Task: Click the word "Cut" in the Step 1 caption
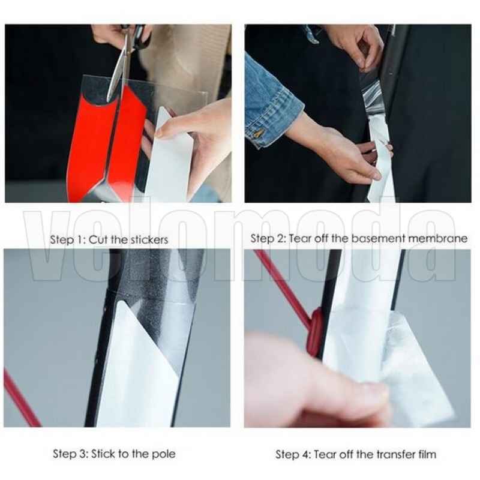pos(98,239)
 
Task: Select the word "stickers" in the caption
pos(148,239)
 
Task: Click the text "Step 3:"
pos(70,454)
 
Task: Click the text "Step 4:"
pos(293,454)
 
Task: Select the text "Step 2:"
pos(268,238)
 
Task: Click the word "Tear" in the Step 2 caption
pos(300,238)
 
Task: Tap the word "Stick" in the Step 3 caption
pos(103,454)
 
